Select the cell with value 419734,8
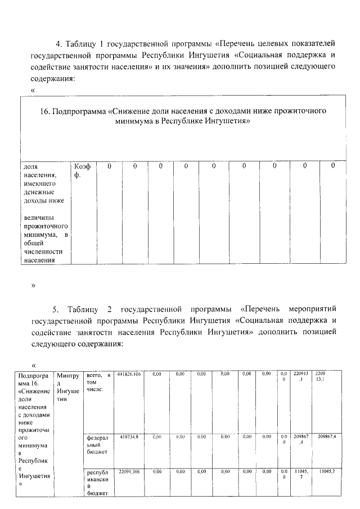(129, 436)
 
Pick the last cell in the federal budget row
(327, 436)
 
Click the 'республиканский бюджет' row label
(98, 483)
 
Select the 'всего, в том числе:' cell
(98, 382)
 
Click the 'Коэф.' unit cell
(82, 170)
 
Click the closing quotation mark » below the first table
(34, 285)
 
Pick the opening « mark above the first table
(34, 91)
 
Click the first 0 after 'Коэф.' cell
(109, 166)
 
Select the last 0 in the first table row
(333, 166)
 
